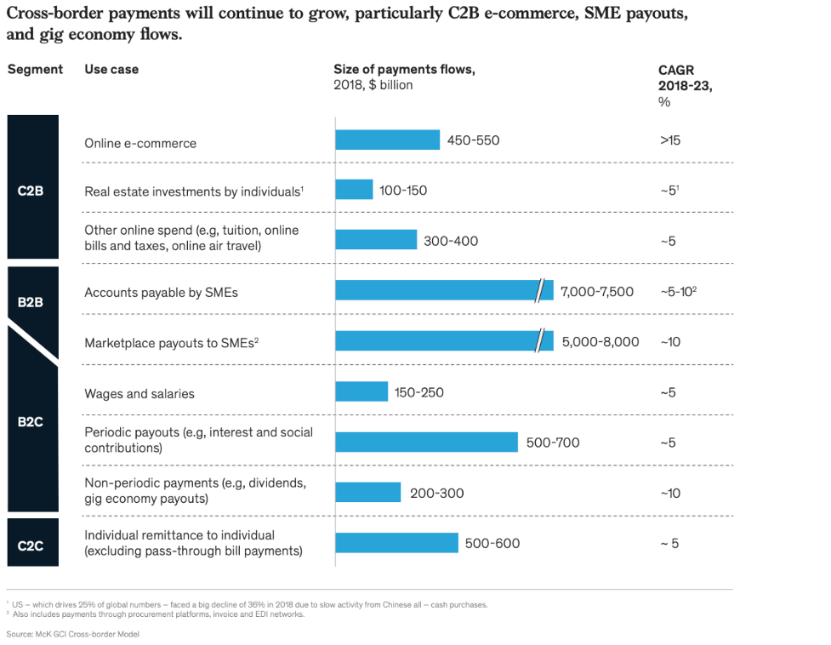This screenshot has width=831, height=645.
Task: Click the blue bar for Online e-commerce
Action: click(x=387, y=140)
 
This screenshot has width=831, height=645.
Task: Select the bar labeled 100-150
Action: click(x=354, y=189)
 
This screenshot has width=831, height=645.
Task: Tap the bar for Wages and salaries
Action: click(x=361, y=391)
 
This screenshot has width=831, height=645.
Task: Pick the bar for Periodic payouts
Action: click(x=426, y=442)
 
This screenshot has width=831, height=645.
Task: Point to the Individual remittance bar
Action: click(x=396, y=543)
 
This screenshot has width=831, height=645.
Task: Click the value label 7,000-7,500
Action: click(x=597, y=292)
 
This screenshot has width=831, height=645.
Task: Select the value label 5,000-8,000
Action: click(x=600, y=342)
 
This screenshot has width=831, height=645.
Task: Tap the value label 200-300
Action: click(x=436, y=493)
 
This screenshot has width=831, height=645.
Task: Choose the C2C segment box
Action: click(x=32, y=542)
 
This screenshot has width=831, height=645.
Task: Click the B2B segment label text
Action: click(x=30, y=301)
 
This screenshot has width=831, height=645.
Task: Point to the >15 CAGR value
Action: click(x=669, y=140)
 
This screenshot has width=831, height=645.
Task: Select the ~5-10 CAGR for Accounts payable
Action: click(x=678, y=291)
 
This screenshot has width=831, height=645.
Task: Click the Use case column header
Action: click(x=111, y=69)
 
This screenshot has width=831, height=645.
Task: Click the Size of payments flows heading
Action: click(x=404, y=70)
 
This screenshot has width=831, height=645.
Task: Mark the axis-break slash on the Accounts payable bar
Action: click(x=538, y=291)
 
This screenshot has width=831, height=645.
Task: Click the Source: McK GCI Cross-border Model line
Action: click(x=72, y=634)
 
